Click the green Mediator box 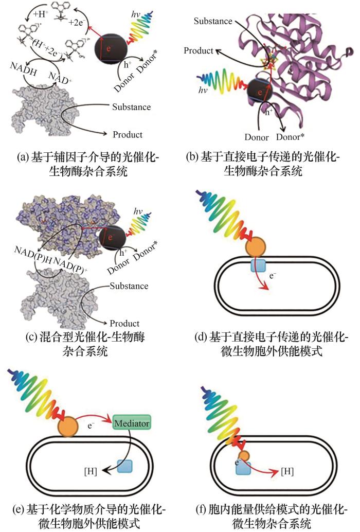pos(132,423)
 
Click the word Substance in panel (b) pos(213,21)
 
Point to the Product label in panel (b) pos(199,50)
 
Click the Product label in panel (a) pos(128,135)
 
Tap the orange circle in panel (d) pos(256,247)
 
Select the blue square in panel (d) pos(258,264)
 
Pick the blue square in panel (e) pos(124,466)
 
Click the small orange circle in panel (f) pos(244,456)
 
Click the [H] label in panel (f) pos(287,471)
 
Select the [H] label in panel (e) pos(91,472)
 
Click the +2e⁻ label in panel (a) pos(76,23)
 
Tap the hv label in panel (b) pos(203,90)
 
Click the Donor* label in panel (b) pos(290,137)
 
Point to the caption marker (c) pos(32,337)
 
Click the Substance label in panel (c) pos(129,286)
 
